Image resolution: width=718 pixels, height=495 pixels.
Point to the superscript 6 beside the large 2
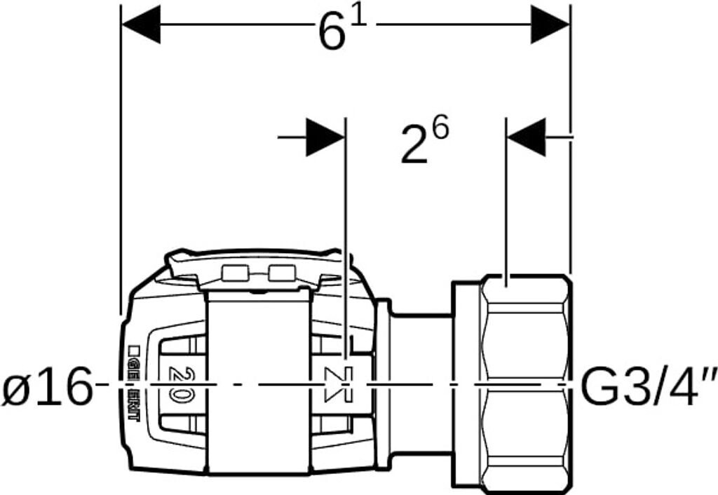point(440,128)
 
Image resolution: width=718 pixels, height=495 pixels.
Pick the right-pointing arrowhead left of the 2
point(325,137)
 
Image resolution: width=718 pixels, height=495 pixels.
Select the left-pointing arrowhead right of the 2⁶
point(526,137)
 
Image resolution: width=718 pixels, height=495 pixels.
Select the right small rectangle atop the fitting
point(281,273)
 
